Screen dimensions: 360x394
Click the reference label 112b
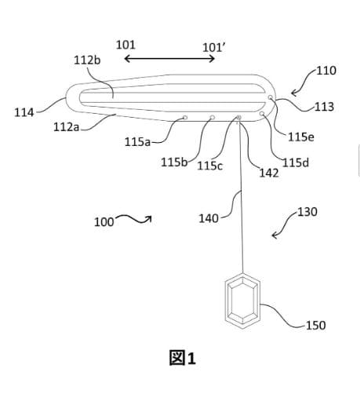coord(87,60)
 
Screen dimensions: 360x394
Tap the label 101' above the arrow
coord(214,48)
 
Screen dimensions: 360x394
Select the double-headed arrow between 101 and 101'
coord(169,59)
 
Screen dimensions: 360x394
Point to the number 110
coord(326,71)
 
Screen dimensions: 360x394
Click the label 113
coord(324,107)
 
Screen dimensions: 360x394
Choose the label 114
coord(24,113)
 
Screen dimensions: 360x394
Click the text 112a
coord(66,127)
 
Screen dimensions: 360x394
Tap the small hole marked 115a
coord(185,118)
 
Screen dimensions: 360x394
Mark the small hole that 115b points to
coord(213,118)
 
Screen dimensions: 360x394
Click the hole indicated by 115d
coord(262,114)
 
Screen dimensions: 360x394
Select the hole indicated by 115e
coord(271,97)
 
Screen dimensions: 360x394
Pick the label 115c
coord(209,166)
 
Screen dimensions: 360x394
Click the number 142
coord(269,173)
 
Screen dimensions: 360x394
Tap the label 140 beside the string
coord(209,218)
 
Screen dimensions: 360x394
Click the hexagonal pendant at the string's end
coord(242,301)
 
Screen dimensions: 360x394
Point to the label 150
coord(316,326)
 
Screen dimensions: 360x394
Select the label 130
coord(307,212)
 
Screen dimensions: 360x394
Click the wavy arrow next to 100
coord(134,219)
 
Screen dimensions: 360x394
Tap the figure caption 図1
coord(183,358)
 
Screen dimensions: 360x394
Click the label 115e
coord(301,137)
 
